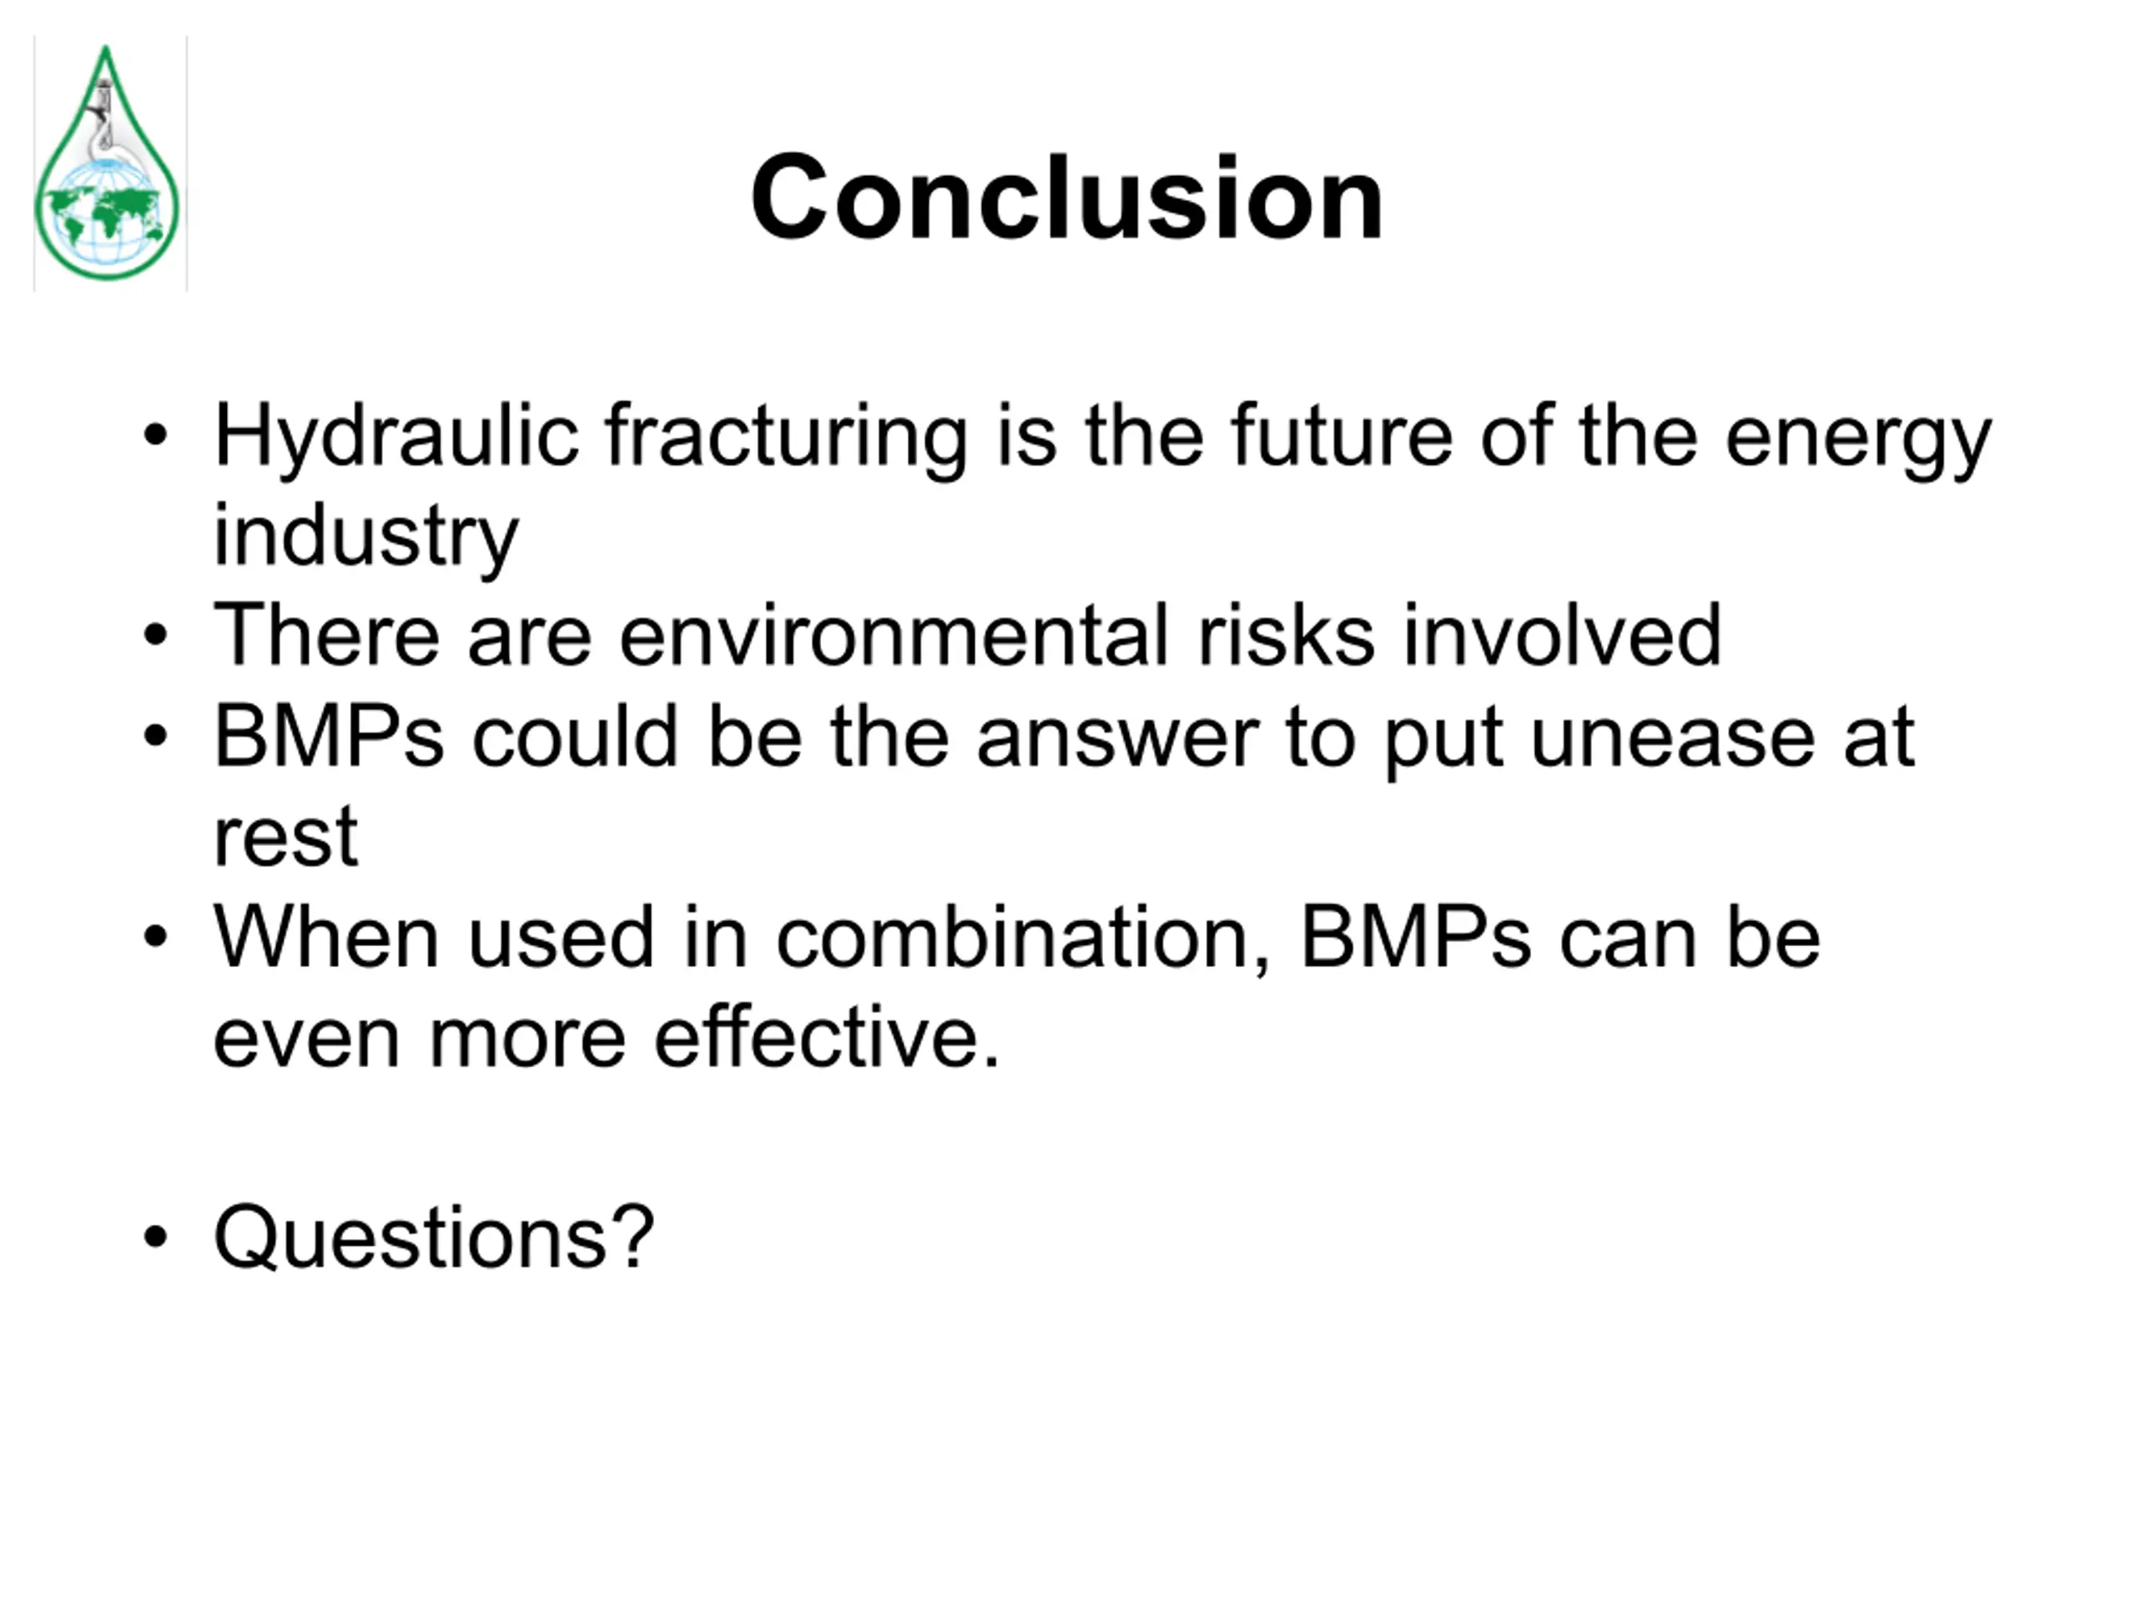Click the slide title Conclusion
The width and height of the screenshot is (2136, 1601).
click(x=1067, y=198)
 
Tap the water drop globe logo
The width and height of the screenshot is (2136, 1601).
click(x=107, y=164)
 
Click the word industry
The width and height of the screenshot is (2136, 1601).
click(x=366, y=537)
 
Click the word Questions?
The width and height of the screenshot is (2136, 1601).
click(x=435, y=1238)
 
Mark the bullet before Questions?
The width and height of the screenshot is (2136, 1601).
click(x=155, y=1237)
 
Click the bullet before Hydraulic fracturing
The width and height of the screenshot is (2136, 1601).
click(x=155, y=435)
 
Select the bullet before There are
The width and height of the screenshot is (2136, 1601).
click(x=155, y=637)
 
